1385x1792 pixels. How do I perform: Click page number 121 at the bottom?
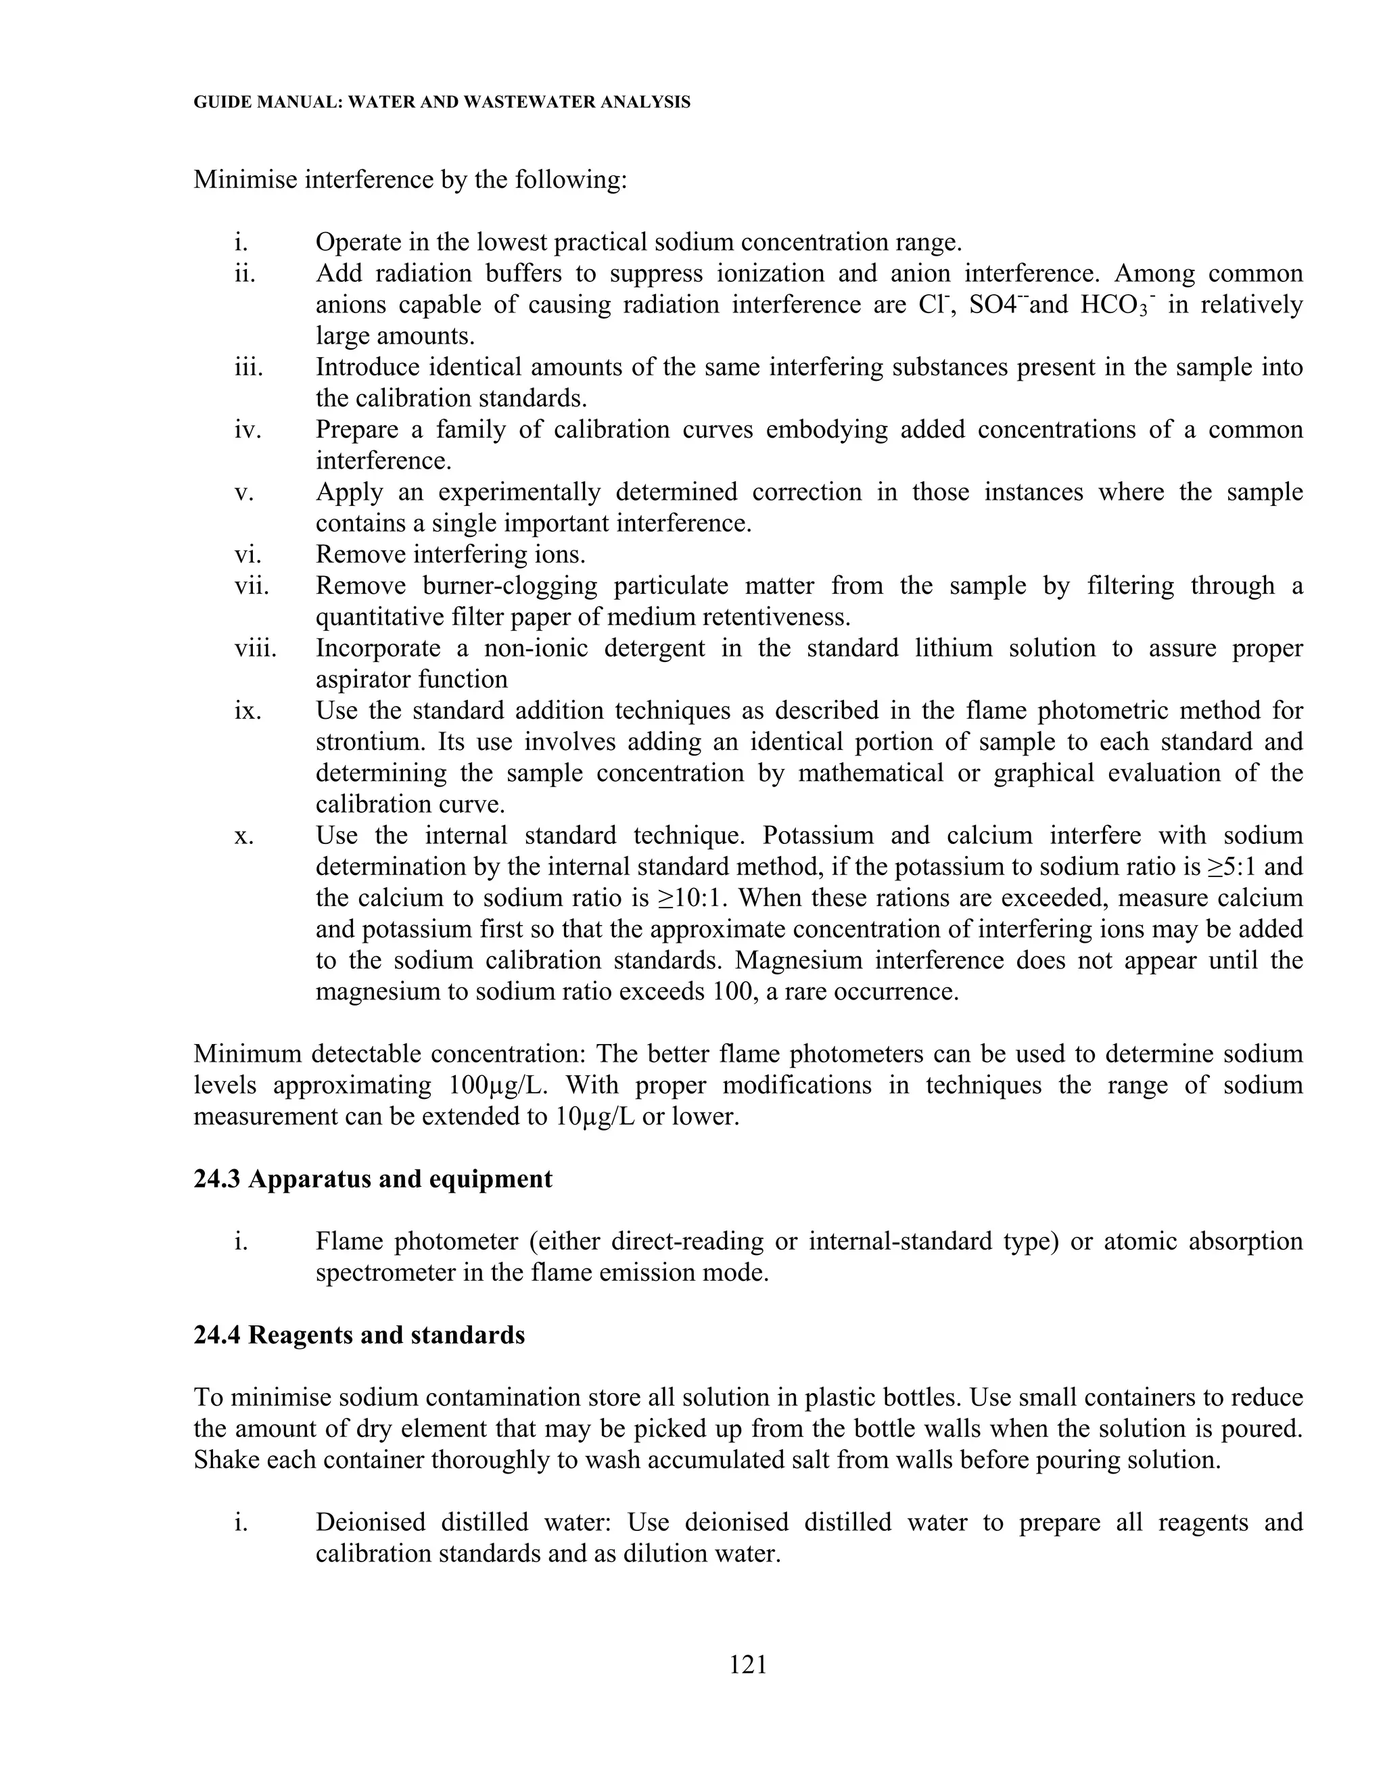(x=747, y=1664)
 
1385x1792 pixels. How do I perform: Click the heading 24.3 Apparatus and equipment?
(x=373, y=1179)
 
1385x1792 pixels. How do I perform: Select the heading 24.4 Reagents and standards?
(x=358, y=1335)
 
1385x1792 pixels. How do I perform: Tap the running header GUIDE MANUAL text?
(x=442, y=103)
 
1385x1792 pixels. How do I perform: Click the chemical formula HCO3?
(x=1114, y=305)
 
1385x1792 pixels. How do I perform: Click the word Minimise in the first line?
(x=245, y=179)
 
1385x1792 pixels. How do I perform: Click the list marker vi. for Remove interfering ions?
(x=248, y=555)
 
